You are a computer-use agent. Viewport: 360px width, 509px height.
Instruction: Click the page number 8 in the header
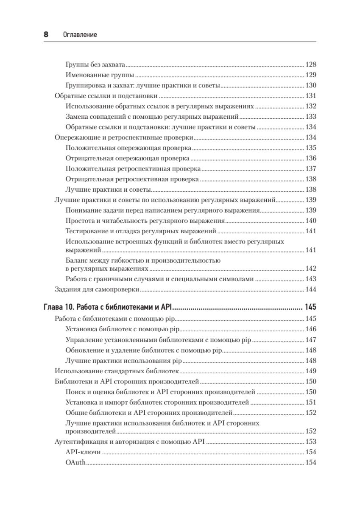(x=46, y=35)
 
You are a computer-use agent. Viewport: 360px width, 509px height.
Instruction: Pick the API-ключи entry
(x=83, y=452)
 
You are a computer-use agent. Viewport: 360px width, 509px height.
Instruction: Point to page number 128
(x=311, y=64)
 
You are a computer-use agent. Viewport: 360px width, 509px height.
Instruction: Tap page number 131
(x=311, y=95)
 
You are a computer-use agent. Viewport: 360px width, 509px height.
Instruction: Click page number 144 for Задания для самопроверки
(x=311, y=290)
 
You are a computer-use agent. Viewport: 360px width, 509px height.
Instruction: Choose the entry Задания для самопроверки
(x=98, y=290)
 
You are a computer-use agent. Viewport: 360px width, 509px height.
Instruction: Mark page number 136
(x=311, y=158)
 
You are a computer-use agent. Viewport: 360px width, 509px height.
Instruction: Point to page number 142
(x=311, y=268)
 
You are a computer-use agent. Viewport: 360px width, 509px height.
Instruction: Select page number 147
(x=311, y=339)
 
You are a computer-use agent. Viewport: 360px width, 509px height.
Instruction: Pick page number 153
(x=311, y=441)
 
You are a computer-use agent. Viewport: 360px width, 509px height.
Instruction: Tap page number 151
(x=311, y=402)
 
